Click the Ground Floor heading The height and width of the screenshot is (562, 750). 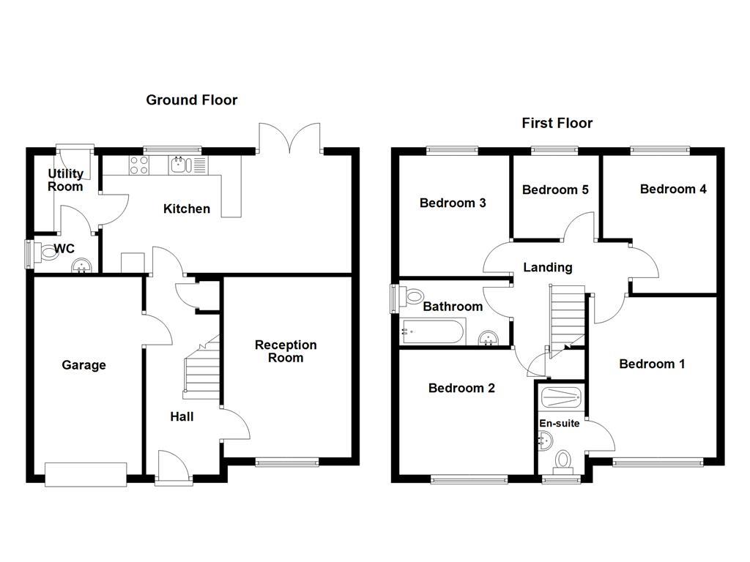click(x=191, y=100)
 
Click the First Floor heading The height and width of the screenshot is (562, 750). click(x=557, y=123)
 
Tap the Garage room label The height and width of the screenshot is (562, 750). click(x=83, y=365)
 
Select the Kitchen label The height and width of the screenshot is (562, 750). click(x=186, y=209)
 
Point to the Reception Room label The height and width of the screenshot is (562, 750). click(x=286, y=351)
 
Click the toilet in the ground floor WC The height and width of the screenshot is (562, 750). click(x=48, y=253)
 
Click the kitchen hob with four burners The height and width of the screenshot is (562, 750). click(x=138, y=165)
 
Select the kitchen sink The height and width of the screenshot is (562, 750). click(x=180, y=165)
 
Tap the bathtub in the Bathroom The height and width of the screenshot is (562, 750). click(x=433, y=332)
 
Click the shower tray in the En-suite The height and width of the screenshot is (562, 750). click(x=560, y=399)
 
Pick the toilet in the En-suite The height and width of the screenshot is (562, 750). click(x=562, y=462)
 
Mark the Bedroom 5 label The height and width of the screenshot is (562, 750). click(x=555, y=190)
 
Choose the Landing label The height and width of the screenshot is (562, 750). click(x=547, y=268)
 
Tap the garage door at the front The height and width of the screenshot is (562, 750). click(x=86, y=473)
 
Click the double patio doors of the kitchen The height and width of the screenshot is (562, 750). click(x=290, y=139)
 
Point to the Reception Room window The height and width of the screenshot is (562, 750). click(x=287, y=462)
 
